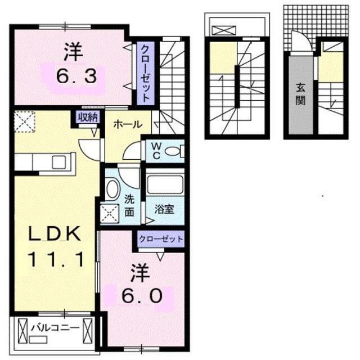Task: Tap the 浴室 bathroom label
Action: tap(164, 208)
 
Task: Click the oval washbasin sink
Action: tap(112, 191)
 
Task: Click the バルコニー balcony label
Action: tap(53, 326)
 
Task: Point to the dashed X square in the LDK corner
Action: tap(24, 121)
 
